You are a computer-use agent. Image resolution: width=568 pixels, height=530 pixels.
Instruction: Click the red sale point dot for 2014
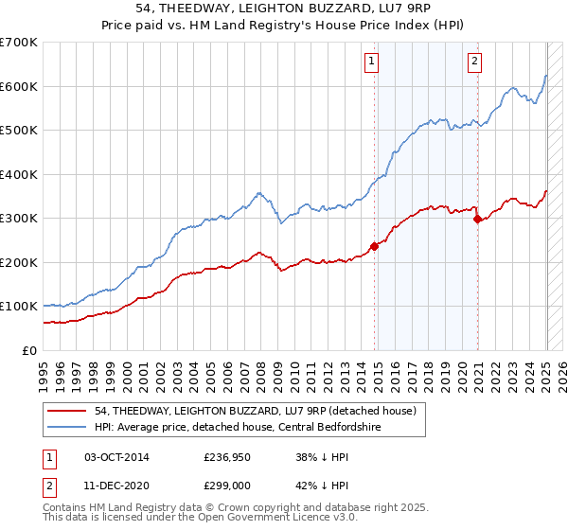pyautogui.click(x=374, y=246)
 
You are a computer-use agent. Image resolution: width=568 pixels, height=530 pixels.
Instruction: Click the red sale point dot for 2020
pyautogui.click(x=477, y=220)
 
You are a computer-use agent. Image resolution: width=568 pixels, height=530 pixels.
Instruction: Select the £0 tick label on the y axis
pyautogui.click(x=30, y=350)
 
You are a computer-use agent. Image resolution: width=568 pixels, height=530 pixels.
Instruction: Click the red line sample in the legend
pyautogui.click(x=68, y=410)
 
